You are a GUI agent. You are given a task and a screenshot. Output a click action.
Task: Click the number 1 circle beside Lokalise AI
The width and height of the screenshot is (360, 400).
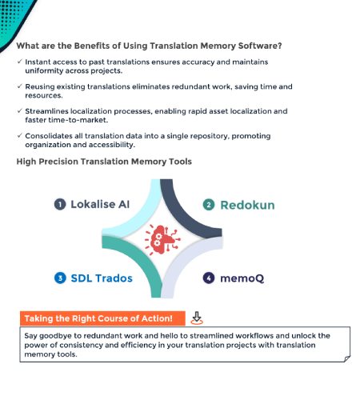click(60, 204)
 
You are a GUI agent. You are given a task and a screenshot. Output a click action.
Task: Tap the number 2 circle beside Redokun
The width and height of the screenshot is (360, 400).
click(208, 204)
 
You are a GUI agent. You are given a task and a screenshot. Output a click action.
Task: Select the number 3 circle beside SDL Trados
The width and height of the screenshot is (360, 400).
click(60, 278)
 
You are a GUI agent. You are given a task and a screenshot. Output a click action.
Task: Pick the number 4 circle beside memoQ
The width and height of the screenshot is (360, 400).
click(208, 278)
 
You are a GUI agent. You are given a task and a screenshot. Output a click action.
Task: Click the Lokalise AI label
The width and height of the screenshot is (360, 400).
click(101, 204)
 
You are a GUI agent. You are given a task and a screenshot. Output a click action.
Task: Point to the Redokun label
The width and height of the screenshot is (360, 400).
click(248, 204)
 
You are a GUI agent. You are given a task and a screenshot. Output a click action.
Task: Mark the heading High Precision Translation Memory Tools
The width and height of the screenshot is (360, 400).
click(104, 162)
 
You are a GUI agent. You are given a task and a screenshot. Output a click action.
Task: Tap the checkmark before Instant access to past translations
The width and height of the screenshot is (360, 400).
click(18, 62)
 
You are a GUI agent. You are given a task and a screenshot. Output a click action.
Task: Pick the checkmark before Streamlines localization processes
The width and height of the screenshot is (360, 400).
click(18, 111)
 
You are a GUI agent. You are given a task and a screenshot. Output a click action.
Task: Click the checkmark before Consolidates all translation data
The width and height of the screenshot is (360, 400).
click(18, 136)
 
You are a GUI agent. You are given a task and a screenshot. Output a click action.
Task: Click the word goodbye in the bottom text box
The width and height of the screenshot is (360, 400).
click(54, 335)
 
